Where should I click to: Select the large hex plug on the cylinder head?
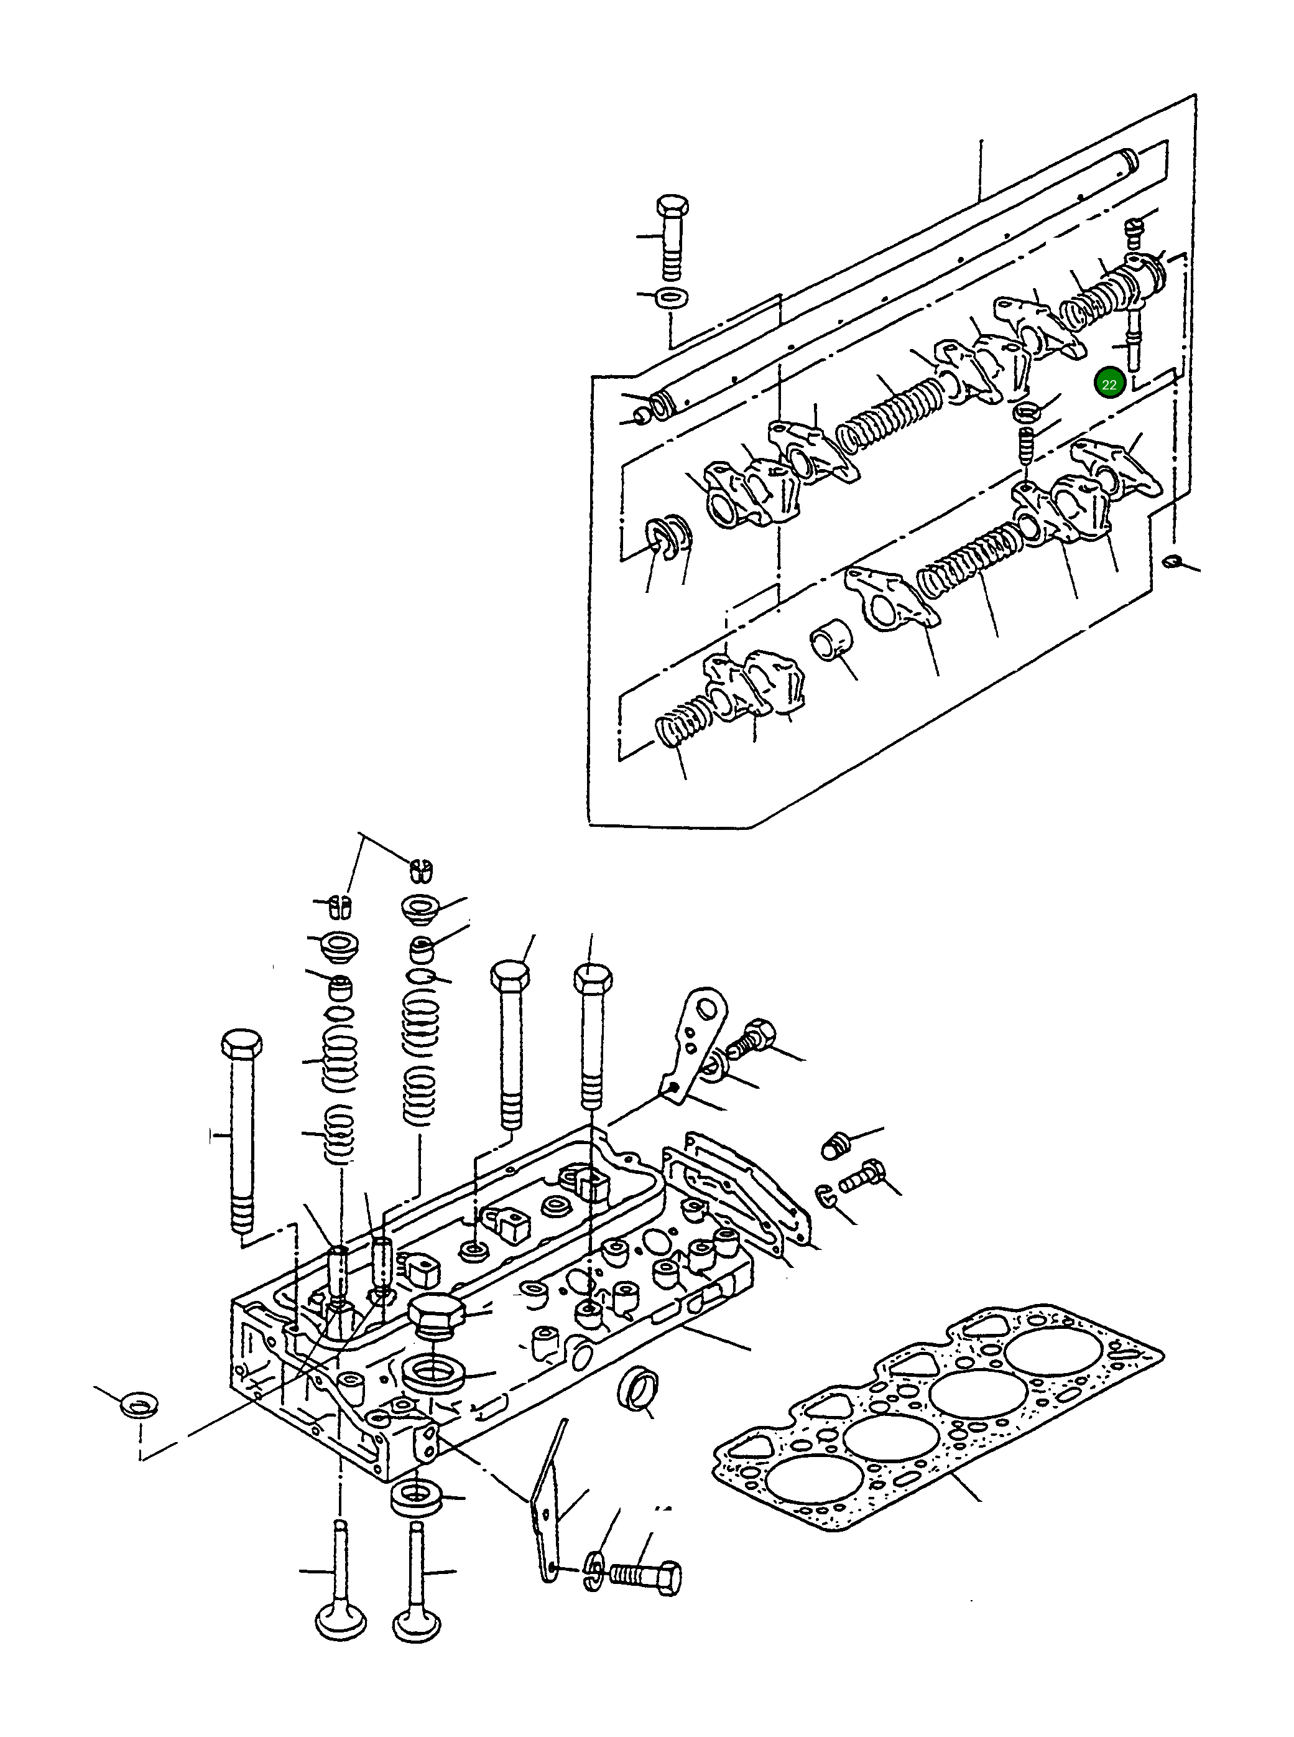click(x=437, y=1315)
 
